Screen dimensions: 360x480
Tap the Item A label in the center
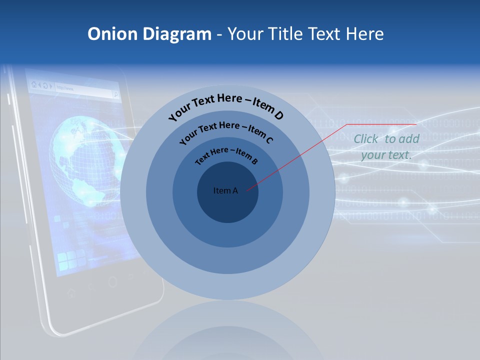click(x=225, y=190)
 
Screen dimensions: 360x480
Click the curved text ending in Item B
click(x=226, y=154)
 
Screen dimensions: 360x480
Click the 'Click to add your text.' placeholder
click(x=386, y=147)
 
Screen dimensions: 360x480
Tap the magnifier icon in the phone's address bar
click(x=116, y=93)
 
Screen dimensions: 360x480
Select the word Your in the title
click(x=247, y=34)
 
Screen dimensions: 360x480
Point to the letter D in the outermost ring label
click(x=279, y=116)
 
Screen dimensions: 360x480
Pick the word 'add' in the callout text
click(x=409, y=139)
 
